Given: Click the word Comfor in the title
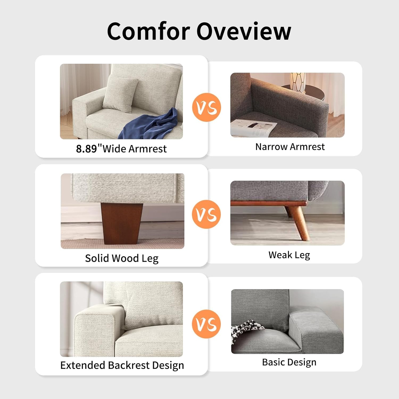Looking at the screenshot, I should tap(148, 31).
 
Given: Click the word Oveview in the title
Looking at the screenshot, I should tap(244, 31).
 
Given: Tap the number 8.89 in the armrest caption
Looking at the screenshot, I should tap(86, 149).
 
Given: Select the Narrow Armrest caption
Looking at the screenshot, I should tap(290, 147).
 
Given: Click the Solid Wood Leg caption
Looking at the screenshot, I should tap(122, 258).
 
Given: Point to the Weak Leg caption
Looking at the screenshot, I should tap(289, 255).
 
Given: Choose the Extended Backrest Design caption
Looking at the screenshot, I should tap(122, 365).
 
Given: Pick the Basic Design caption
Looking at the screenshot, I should tap(289, 362).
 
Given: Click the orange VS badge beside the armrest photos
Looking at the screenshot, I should tap(206, 107).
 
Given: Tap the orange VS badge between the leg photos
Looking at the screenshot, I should tap(206, 214).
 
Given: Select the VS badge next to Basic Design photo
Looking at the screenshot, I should tap(206, 324).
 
